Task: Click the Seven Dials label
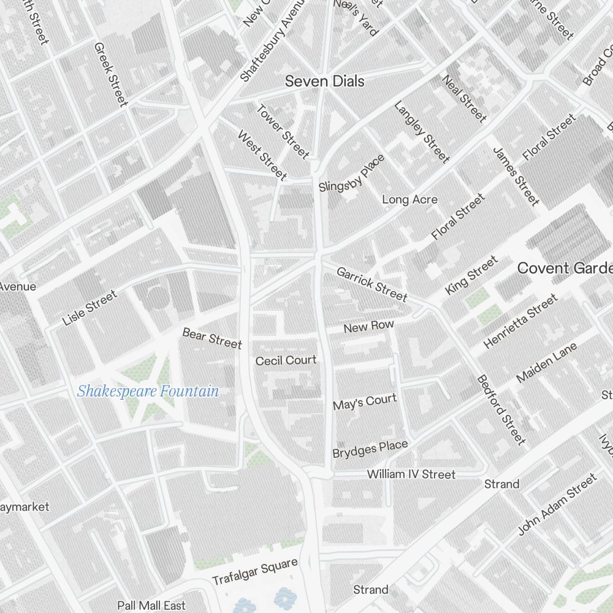tap(325, 81)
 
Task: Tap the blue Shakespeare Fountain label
tap(148, 391)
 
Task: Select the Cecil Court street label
tap(286, 360)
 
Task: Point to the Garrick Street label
tap(371, 284)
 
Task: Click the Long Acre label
tap(409, 200)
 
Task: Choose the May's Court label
tap(365, 402)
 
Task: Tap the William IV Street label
tap(411, 474)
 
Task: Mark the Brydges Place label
tap(370, 449)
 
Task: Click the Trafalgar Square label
tap(254, 571)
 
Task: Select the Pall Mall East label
tap(151, 606)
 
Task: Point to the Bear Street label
tap(212, 338)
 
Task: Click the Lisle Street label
tap(89, 308)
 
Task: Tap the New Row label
tap(368, 327)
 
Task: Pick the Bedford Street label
tap(501, 409)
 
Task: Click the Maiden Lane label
tap(547, 363)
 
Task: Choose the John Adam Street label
tap(557, 504)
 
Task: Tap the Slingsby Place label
tap(352, 173)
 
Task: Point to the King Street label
tap(471, 276)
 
